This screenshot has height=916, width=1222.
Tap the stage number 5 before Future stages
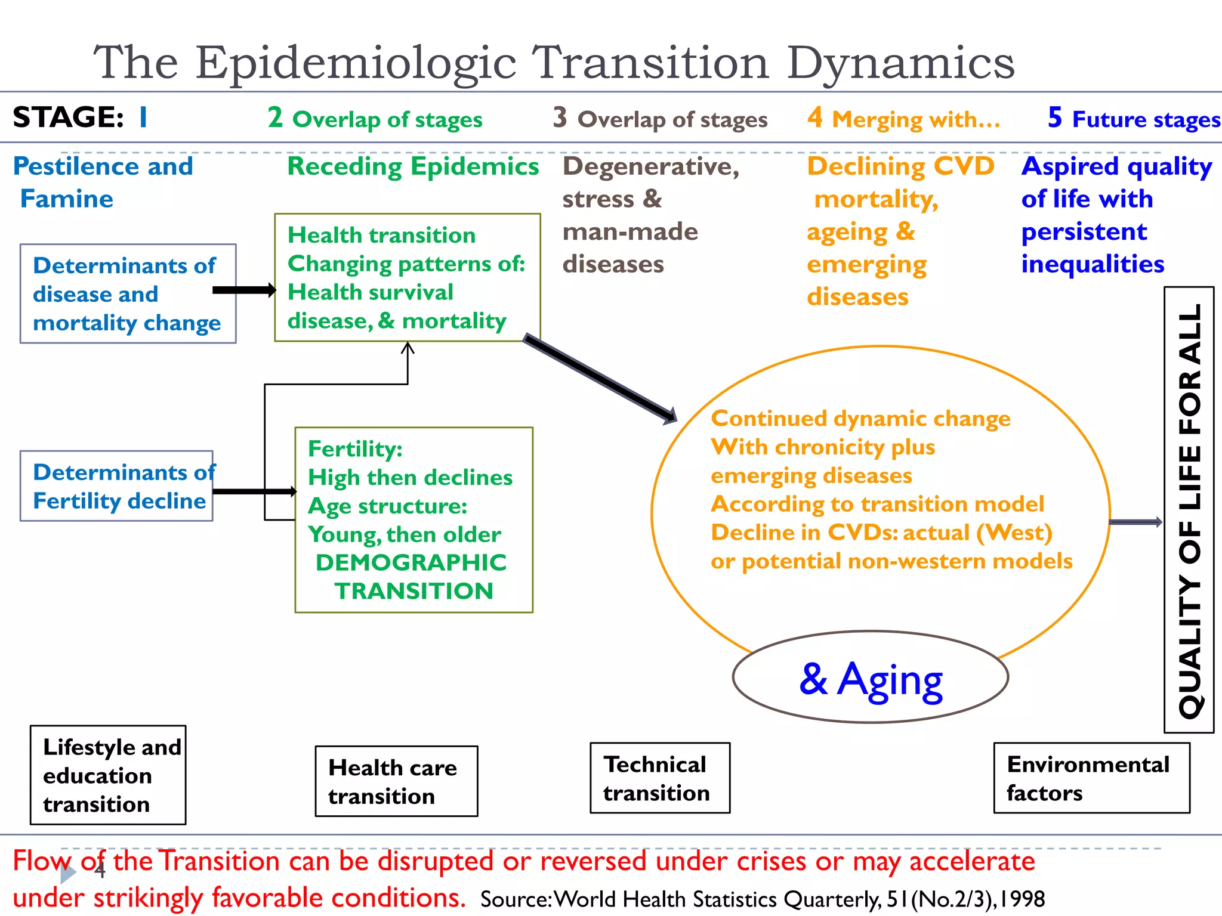[x=1054, y=117]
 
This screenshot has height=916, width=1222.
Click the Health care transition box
[x=396, y=781]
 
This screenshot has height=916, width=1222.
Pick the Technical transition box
[x=660, y=778]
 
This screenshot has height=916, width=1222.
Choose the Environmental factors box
[x=1091, y=778]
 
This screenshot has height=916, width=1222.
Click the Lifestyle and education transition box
[x=108, y=775]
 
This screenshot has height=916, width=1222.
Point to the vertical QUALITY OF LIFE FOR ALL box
[x=1189, y=510]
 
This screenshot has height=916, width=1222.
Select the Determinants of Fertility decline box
[x=117, y=486]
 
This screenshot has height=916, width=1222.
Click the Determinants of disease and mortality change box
[x=128, y=294]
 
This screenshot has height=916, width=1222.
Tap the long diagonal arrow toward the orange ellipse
[x=600, y=379]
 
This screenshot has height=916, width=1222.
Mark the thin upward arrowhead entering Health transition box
[x=408, y=347]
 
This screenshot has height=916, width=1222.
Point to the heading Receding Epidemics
[x=413, y=166]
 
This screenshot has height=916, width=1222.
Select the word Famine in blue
[x=67, y=199]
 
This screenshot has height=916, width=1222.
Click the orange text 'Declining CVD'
[x=900, y=166]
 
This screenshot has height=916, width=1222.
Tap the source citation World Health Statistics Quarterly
[x=762, y=899]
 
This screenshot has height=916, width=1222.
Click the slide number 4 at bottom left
[x=100, y=871]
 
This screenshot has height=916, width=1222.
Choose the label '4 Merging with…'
[x=903, y=119]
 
